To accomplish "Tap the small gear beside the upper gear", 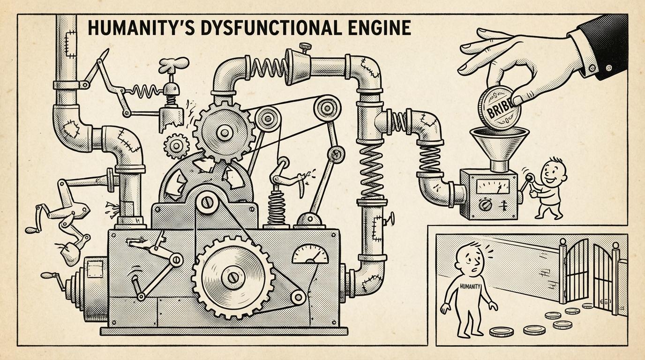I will pos(176,145).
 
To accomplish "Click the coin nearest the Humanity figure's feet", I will pos(501,332).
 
